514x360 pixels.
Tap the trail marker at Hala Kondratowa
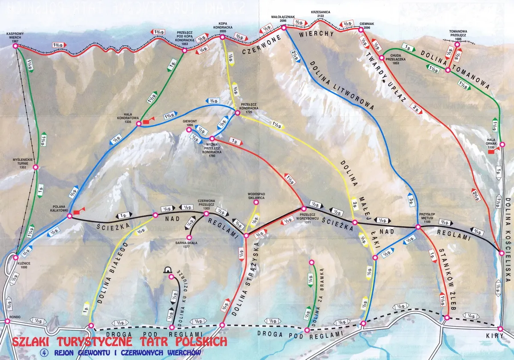[x=139, y=124]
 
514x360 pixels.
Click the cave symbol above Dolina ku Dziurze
[x=167, y=270]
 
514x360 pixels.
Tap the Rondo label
[x=7, y=313]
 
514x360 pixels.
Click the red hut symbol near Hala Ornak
[x=491, y=151]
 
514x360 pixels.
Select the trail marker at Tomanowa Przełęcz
[x=457, y=44]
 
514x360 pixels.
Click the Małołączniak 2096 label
[x=282, y=18]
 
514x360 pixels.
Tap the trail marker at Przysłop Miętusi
[x=418, y=226]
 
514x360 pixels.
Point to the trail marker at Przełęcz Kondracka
[x=238, y=113]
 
